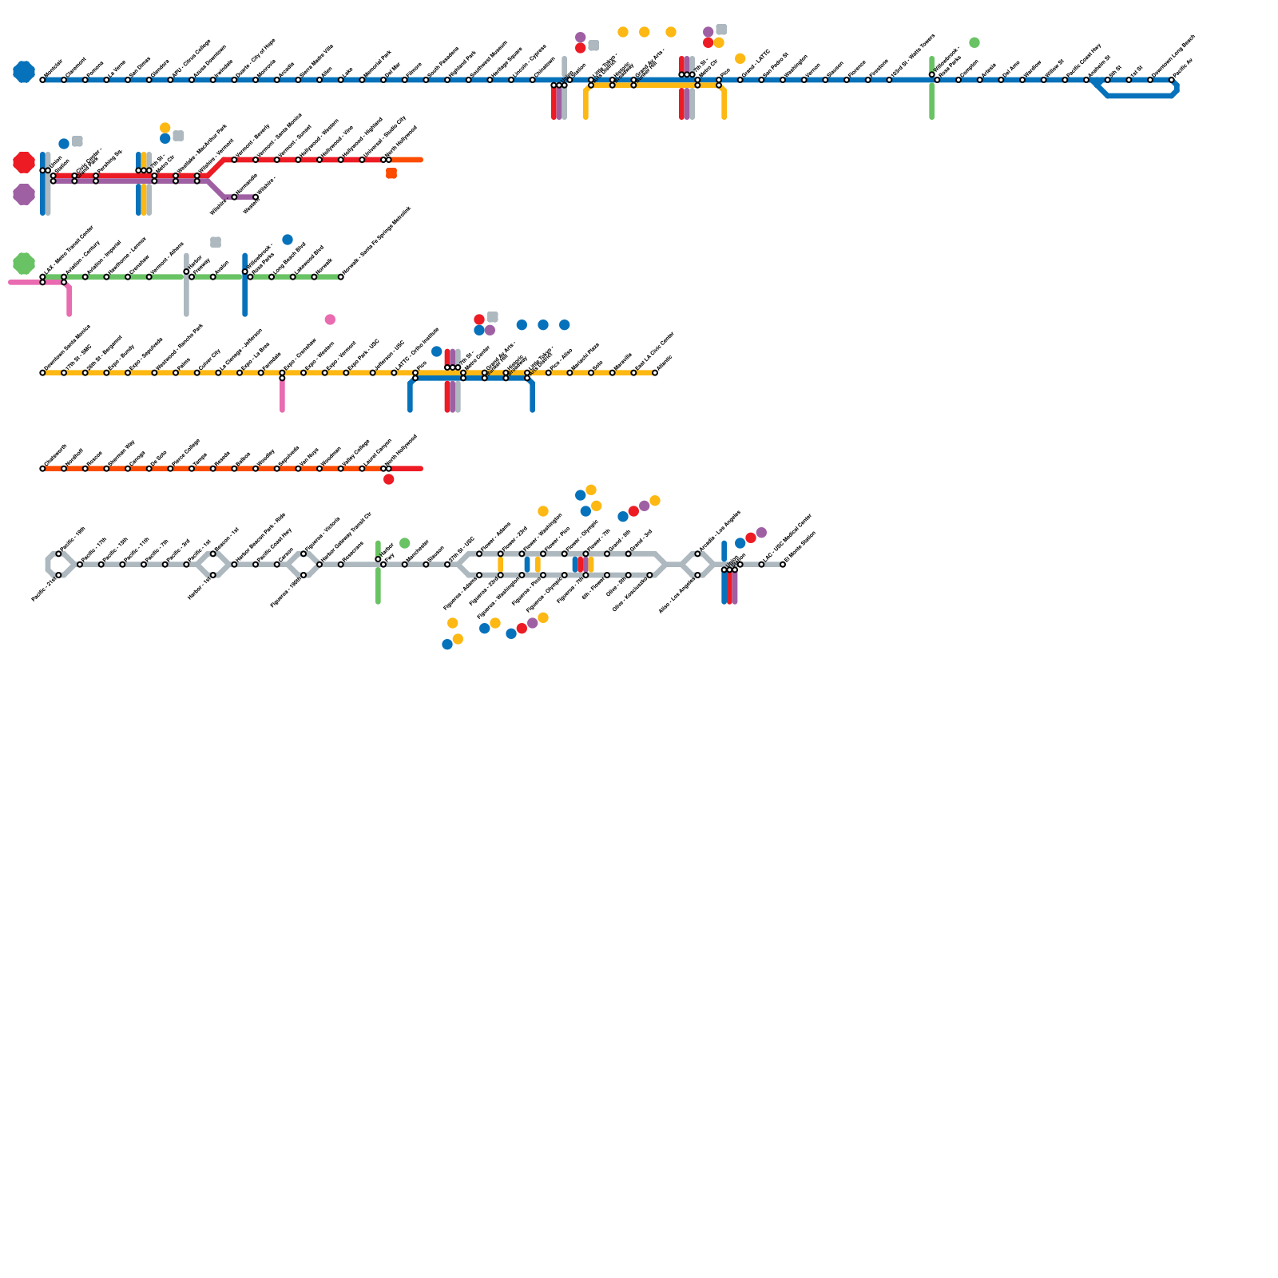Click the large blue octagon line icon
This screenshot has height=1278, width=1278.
coord(24,72)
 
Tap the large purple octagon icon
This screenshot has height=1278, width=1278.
coord(24,194)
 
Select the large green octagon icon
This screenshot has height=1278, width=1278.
coord(24,264)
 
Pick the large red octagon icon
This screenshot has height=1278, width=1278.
coord(24,162)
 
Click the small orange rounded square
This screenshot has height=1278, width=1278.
coord(391,173)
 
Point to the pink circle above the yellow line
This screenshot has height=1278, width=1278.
coord(330,319)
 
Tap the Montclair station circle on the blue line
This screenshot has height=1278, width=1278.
coord(42,80)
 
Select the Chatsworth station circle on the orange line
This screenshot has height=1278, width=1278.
coord(42,469)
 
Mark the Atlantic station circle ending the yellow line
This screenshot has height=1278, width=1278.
coord(655,373)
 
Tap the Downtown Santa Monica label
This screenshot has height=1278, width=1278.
coord(67,348)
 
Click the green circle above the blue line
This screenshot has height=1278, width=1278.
coord(974,42)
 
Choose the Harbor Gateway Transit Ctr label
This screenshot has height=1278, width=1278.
coord(345,539)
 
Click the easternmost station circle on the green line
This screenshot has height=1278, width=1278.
coord(341,277)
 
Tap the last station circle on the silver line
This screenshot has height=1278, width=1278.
coord(783,565)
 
